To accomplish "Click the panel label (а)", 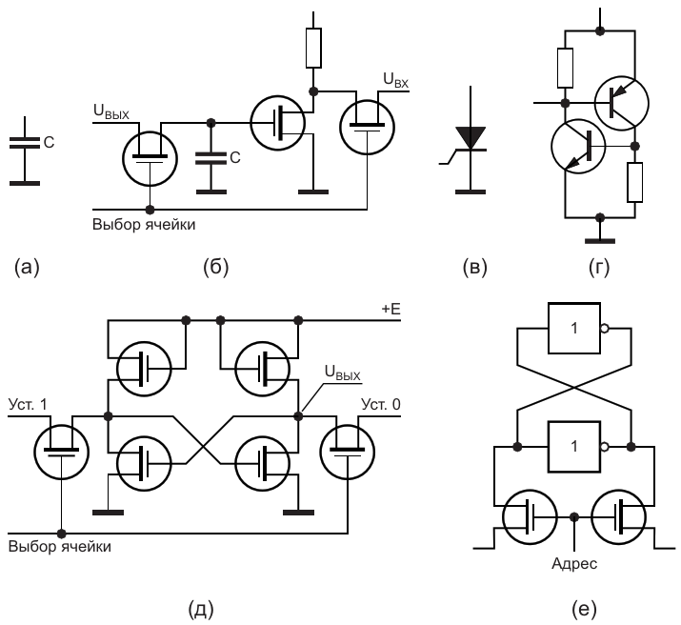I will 24,269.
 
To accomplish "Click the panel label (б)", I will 216,269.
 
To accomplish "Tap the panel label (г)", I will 598,269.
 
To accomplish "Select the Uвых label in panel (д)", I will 341,376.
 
